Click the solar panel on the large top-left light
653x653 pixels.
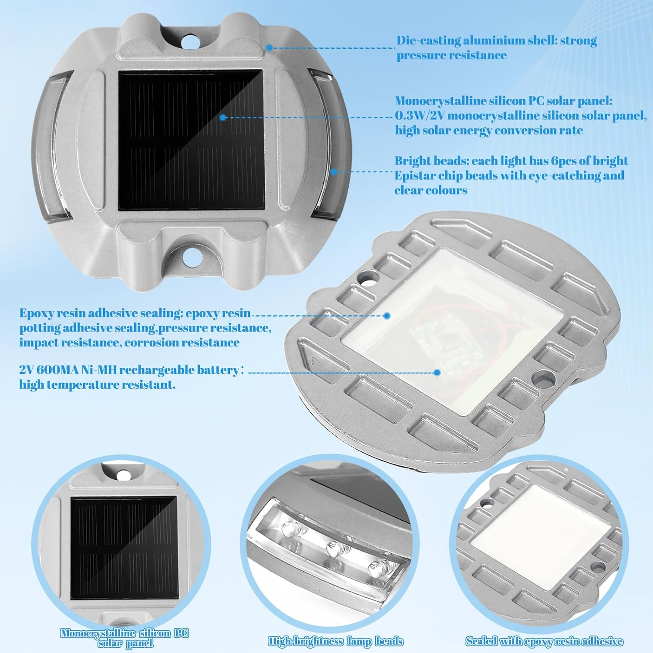click(192, 141)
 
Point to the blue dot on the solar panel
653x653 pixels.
click(222, 118)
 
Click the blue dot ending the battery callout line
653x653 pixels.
click(438, 372)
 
